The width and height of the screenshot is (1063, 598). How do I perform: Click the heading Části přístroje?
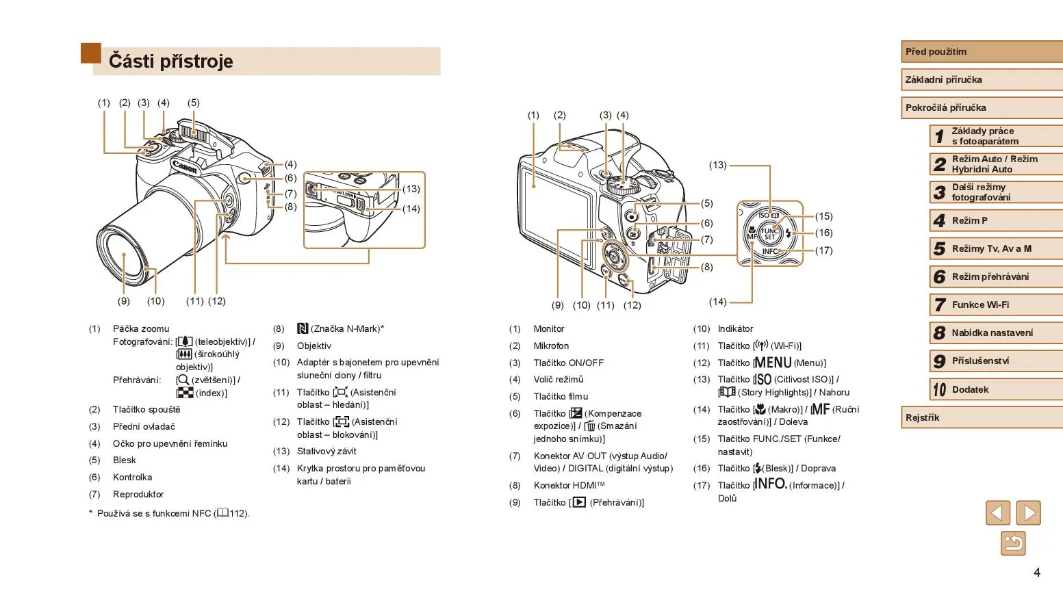[x=171, y=62]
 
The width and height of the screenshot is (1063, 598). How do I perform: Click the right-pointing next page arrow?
[x=1028, y=513]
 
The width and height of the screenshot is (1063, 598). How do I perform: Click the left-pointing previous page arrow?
[x=997, y=513]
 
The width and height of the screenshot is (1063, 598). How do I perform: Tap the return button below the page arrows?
[x=1013, y=544]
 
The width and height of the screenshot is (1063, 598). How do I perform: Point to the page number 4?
[x=1037, y=573]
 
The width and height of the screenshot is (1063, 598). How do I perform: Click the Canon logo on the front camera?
[x=185, y=167]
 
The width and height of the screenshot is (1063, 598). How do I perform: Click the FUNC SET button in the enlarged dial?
[x=770, y=234]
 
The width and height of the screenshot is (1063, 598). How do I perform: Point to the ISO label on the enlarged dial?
[x=764, y=216]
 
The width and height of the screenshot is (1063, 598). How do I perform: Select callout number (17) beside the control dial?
[x=823, y=250]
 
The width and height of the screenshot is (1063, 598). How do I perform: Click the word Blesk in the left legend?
[x=125, y=460]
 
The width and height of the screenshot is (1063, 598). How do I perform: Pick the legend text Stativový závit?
[x=326, y=452]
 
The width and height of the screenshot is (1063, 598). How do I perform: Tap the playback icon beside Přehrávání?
[x=579, y=502]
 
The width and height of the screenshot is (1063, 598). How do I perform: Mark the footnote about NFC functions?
[x=171, y=513]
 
